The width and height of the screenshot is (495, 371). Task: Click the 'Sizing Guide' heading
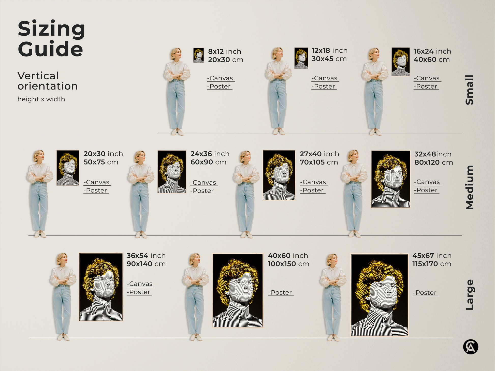pos(51,39)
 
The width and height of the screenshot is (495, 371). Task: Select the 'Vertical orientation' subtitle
pos(48,81)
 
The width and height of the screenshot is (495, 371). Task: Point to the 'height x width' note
pos(41,99)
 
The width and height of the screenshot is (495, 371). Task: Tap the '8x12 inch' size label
pos(224,51)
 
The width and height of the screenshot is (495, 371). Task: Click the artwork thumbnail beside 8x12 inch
pos(198,55)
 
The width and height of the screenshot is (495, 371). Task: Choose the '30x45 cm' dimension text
pos(329,59)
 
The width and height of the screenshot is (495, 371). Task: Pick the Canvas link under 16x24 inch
pos(427,78)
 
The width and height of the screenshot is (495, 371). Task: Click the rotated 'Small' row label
pos(469,90)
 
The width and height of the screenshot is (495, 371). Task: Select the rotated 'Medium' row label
pos(469,187)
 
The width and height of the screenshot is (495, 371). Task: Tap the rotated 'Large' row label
pos(469,295)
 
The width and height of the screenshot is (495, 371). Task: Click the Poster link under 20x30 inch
pos(96,190)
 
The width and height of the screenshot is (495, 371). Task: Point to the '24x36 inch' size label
pos(210,154)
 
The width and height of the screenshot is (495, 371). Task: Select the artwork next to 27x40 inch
pos(279,175)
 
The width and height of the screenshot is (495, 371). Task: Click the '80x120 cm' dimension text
pos(433,162)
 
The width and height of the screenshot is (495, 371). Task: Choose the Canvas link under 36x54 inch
pos(140,284)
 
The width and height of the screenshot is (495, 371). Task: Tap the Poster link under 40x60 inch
pos(281,293)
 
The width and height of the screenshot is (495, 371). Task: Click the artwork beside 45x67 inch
pos(379,295)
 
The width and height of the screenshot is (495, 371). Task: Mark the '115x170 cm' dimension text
pos(432,264)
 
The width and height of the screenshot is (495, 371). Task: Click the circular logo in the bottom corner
pos(470,347)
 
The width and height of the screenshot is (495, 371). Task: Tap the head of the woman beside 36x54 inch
pos(62,259)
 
